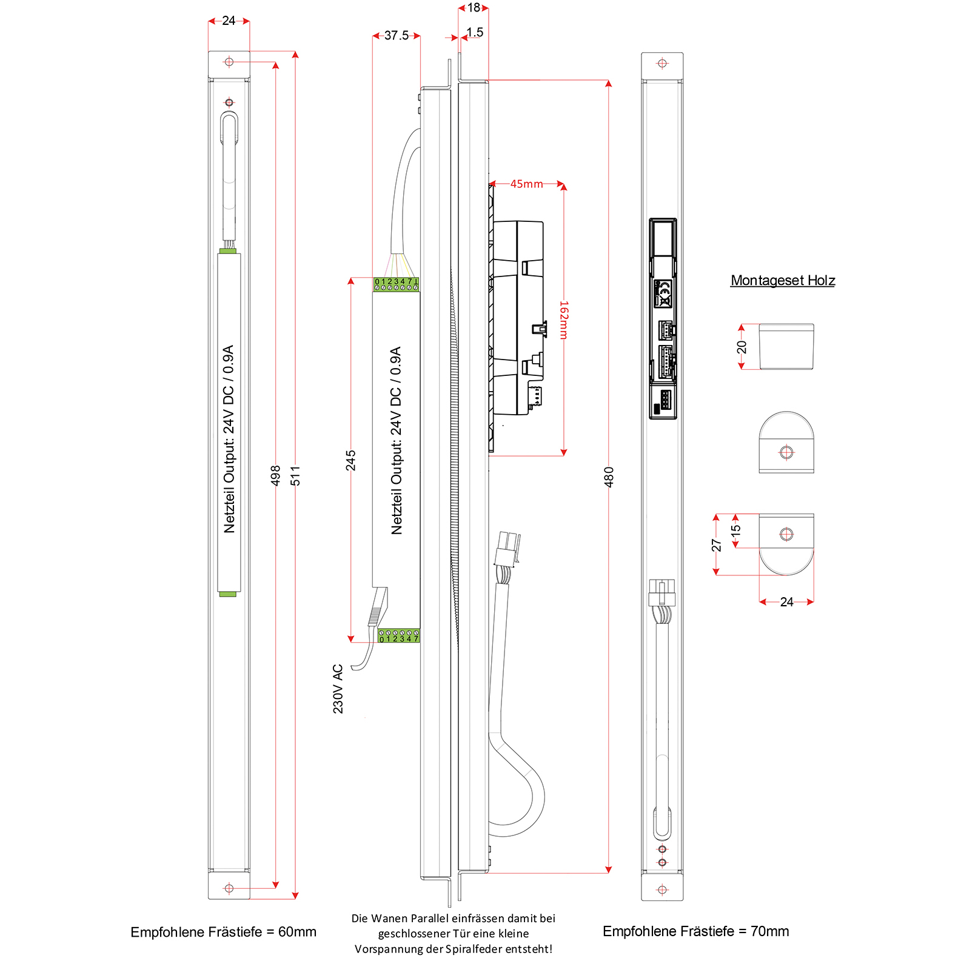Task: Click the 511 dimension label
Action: point(295,475)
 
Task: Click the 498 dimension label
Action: point(276,475)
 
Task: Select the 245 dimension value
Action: point(351,460)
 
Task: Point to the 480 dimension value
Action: point(609,477)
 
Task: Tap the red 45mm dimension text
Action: point(526,184)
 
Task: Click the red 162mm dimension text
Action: point(564,320)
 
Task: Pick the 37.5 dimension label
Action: point(397,36)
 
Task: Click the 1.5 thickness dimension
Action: point(475,32)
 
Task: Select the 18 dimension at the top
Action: point(474,8)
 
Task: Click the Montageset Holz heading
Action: point(783,280)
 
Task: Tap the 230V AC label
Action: point(338,689)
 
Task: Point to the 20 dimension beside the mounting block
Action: point(742,347)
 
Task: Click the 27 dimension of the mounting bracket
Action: point(717,545)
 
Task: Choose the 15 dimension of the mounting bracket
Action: point(736,529)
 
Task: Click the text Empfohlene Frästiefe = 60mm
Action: point(223,932)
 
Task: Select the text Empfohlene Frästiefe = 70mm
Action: point(695,931)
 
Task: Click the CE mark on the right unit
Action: point(664,293)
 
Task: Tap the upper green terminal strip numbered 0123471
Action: point(396,284)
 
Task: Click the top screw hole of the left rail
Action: point(229,62)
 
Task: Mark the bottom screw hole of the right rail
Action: point(662,889)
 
